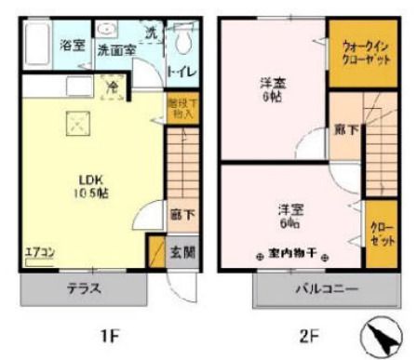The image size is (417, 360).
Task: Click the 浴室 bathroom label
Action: coord(73,45)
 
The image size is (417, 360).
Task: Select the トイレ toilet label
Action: coord(182,70)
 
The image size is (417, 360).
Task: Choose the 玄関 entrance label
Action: coord(182,251)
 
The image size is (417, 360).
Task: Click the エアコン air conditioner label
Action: coord(39,250)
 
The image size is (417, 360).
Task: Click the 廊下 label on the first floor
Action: coord(182,214)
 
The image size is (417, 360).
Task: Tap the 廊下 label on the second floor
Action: coord(343,132)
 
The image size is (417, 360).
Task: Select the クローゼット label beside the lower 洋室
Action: coord(379,233)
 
